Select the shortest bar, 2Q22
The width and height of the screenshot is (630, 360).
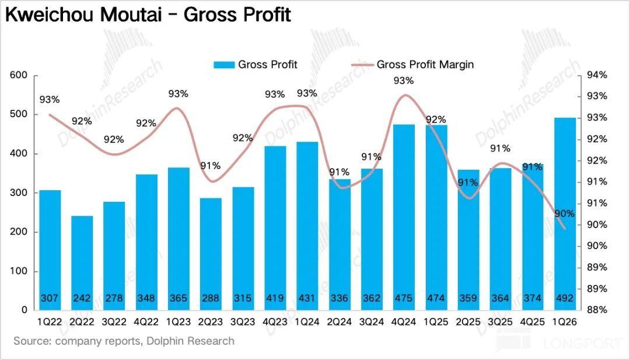point(82,263)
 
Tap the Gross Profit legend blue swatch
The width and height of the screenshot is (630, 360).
point(223,65)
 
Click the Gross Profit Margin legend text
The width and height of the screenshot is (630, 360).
point(425,65)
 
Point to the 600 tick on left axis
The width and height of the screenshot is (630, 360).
point(20,75)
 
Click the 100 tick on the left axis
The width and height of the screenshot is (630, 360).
point(20,271)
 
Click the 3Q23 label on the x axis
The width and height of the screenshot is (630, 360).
point(243,321)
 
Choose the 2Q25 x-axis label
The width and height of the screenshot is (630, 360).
point(468,321)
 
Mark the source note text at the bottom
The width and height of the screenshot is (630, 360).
point(124,341)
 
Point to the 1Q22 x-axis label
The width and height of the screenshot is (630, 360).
point(50,321)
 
